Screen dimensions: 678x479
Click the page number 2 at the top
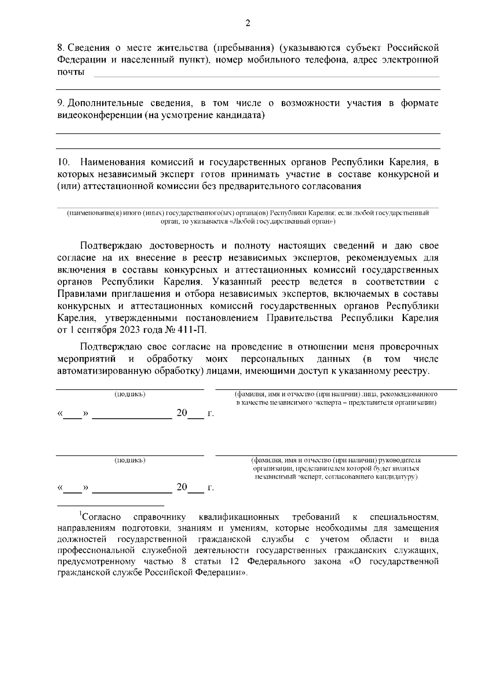coord(247,23)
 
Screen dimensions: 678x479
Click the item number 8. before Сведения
coord(61,48)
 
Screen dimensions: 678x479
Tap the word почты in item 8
coord(71,72)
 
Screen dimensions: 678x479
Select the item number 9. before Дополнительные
coord(61,103)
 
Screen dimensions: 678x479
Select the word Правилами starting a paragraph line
coord(83,294)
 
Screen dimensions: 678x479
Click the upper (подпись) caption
coord(130,394)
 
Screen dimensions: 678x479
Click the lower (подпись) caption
coord(130,460)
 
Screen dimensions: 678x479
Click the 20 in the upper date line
coord(182,413)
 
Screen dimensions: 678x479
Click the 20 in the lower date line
coord(182,487)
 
